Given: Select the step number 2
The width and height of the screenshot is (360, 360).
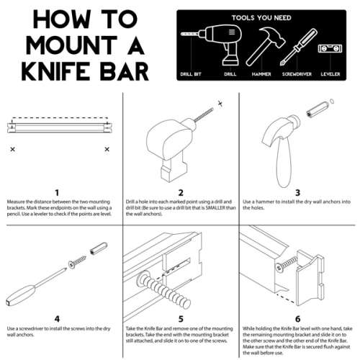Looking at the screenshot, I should pyautogui.click(x=180, y=192).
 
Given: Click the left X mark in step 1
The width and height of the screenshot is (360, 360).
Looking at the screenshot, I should pyautogui.click(x=12, y=149).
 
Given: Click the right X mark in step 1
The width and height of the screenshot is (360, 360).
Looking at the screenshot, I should pyautogui.click(x=107, y=149).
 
